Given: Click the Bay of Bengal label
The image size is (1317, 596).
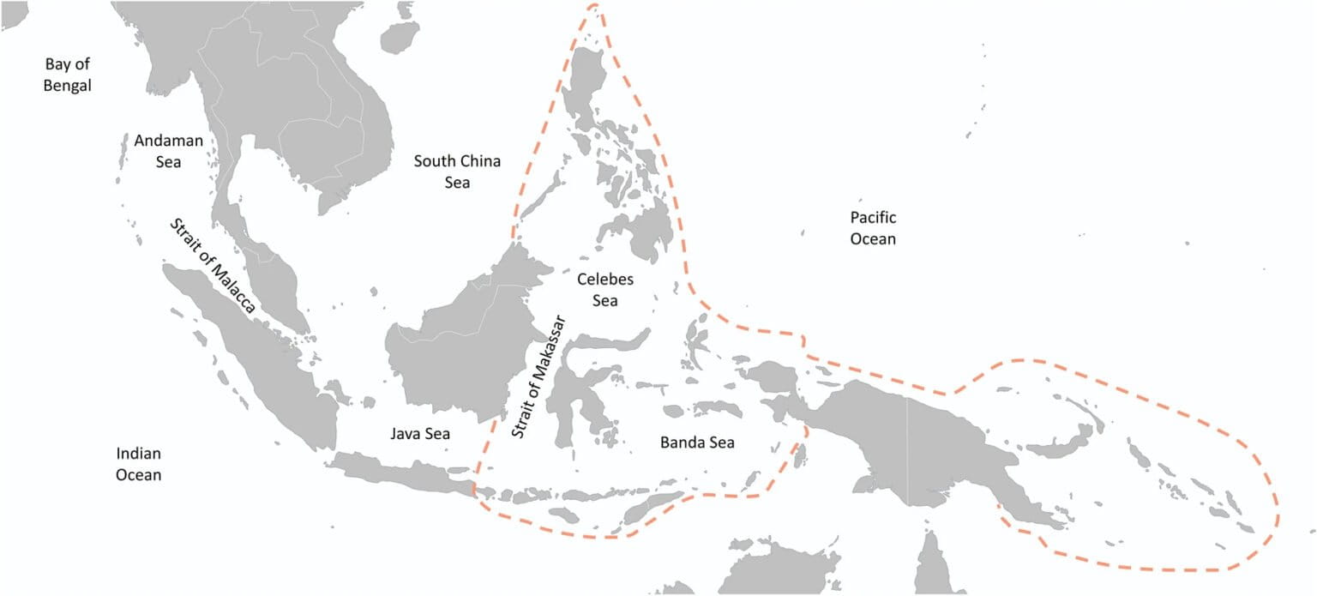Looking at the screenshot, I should pos(68,75).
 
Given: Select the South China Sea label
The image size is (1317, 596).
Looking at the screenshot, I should pos(457,171).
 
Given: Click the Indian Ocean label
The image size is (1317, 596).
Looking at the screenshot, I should pos(139,463).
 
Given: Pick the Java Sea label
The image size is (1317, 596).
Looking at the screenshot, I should pos(420,434).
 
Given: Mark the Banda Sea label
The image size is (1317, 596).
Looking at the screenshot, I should pos(697,442).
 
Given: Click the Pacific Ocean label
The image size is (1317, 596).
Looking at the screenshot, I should pos(873,228).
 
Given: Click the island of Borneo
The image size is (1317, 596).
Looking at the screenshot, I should pos(454,343).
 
